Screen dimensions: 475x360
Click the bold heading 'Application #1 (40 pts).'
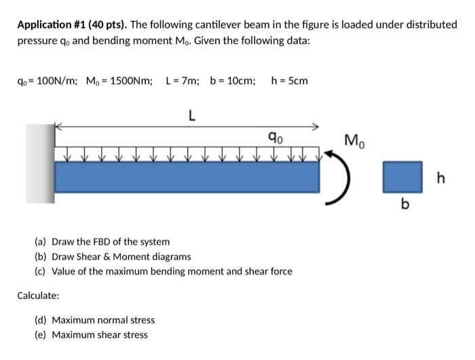pyautogui.click(x=72, y=24)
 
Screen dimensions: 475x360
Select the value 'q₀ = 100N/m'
pyautogui.click(x=46, y=81)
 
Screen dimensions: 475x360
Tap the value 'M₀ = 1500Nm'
pyautogui.click(x=119, y=81)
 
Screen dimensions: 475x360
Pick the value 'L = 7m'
pyautogui.click(x=183, y=81)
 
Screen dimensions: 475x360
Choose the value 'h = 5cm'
pyautogui.click(x=289, y=81)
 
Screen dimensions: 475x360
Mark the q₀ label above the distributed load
pyautogui.click(x=276, y=139)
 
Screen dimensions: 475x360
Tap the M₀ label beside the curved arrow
pyautogui.click(x=354, y=142)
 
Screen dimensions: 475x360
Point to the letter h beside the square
pyautogui.click(x=441, y=178)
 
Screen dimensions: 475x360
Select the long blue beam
pyautogui.click(x=187, y=178)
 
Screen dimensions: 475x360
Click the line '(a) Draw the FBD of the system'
pyautogui.click(x=102, y=241)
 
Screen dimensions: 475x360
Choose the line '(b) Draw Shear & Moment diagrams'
pyautogui.click(x=113, y=256)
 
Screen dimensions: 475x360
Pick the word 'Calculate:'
pyautogui.click(x=38, y=296)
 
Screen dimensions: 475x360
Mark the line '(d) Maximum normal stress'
pyautogui.click(x=94, y=320)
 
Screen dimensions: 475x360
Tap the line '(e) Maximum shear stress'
pyautogui.click(x=91, y=335)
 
